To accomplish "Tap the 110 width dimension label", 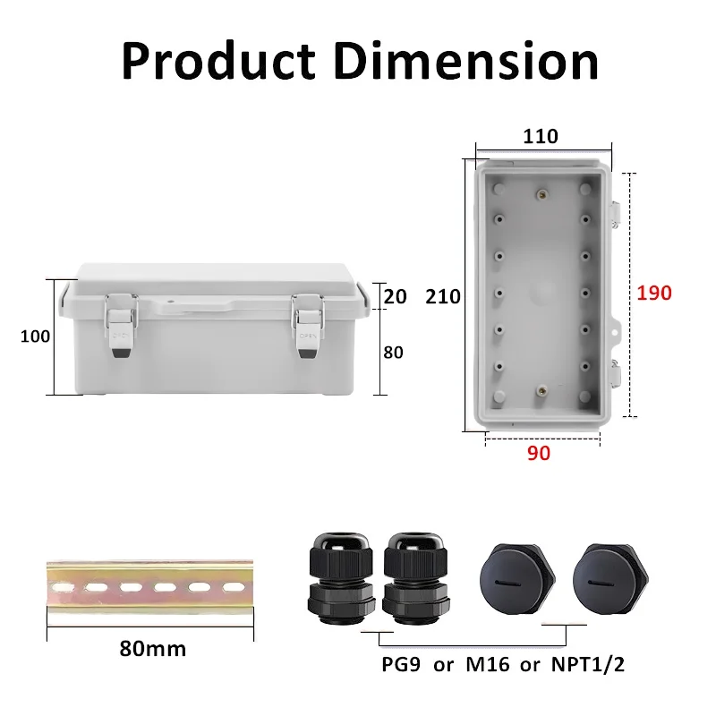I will point(541,136).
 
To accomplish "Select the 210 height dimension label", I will point(443,296).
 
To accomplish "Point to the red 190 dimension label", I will point(653,293).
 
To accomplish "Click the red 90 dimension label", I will point(538,453).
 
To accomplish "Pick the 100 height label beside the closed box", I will point(37,337).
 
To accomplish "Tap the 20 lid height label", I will point(394,296).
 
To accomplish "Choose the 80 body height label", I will point(394,352).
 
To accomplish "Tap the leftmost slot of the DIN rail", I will point(68,587).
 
